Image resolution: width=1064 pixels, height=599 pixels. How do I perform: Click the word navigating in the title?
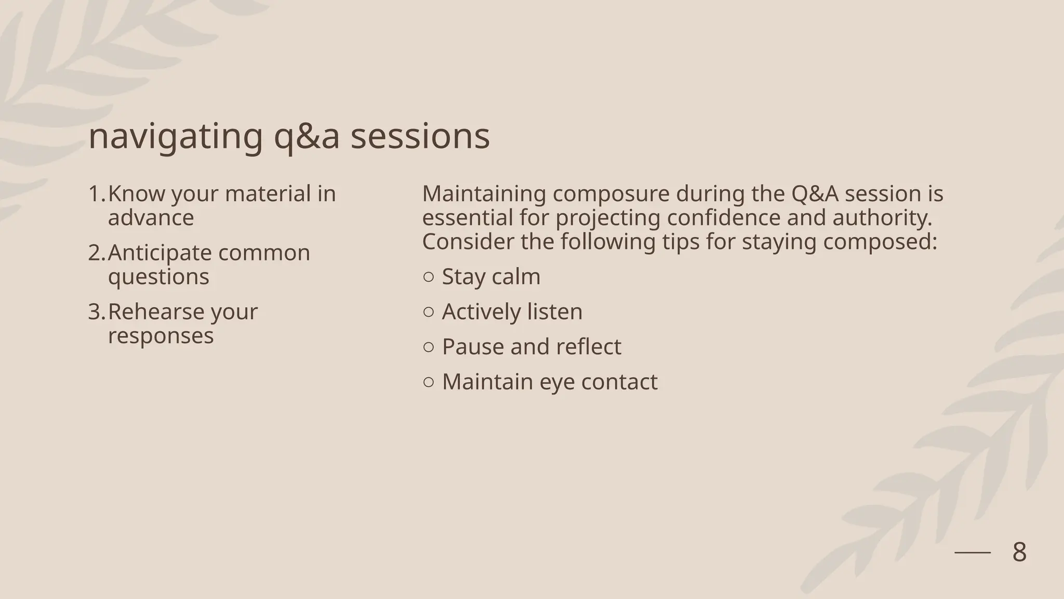tap(176, 137)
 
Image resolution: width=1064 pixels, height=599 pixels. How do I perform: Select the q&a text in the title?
tap(307, 137)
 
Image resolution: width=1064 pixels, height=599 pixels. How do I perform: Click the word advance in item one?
tap(151, 218)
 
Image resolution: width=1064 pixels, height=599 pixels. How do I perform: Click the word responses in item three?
tap(161, 336)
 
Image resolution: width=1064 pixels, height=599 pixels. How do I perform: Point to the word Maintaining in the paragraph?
tap(484, 194)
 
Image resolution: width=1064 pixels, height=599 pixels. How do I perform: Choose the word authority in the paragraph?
tap(881, 218)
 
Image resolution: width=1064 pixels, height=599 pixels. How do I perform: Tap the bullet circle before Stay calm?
tap(429, 277)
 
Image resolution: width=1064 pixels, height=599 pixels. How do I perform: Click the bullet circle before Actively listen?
tap(429, 312)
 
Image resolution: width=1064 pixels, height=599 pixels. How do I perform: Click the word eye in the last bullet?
tap(557, 382)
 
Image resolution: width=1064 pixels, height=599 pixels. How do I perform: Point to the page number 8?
tap(1019, 552)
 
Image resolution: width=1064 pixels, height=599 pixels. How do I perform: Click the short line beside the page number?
tap(973, 553)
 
